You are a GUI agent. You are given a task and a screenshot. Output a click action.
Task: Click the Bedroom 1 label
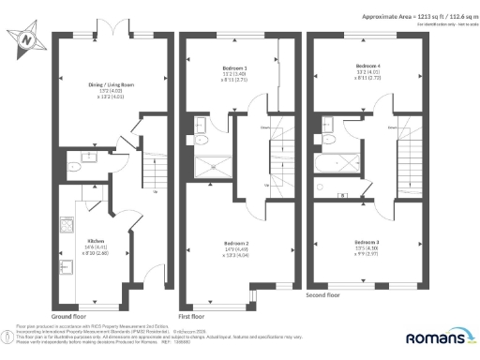[x=233, y=68]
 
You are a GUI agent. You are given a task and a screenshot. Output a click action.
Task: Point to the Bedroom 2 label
[x=236, y=241]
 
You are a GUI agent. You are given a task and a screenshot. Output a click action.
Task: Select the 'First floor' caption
[x=191, y=304]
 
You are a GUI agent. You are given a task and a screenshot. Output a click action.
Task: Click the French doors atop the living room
[x=115, y=36]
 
